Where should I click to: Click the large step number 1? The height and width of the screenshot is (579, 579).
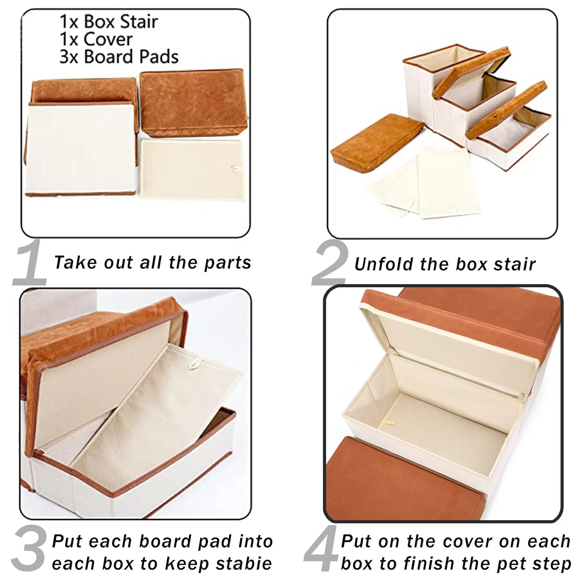(x=30, y=264)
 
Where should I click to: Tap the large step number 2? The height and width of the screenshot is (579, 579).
(x=329, y=264)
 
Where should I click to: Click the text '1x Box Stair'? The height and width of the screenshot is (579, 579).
(x=109, y=21)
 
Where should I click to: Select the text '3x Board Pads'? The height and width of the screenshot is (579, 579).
(x=118, y=57)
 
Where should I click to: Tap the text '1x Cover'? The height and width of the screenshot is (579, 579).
(x=96, y=39)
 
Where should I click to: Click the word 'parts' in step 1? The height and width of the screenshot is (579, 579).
(x=228, y=263)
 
